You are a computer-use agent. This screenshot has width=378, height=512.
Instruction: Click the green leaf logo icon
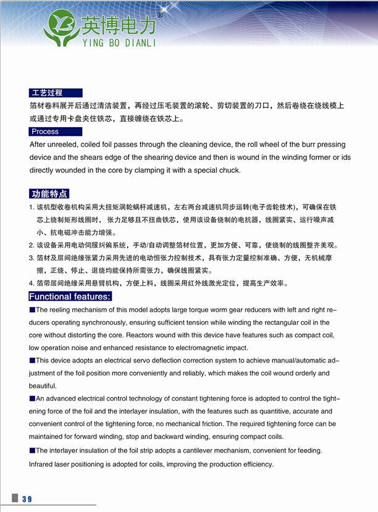click(61, 27)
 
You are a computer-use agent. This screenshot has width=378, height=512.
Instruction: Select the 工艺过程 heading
click(47, 93)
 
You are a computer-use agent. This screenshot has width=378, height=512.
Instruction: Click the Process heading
click(45, 132)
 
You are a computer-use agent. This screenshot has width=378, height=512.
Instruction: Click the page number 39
click(27, 499)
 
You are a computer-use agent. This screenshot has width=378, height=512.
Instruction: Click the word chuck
click(229, 170)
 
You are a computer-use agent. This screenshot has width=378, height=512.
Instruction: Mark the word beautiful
click(43, 385)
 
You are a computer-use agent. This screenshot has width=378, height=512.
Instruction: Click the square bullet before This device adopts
click(32, 360)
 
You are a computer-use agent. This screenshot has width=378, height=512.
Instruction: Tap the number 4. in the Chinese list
click(31, 283)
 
